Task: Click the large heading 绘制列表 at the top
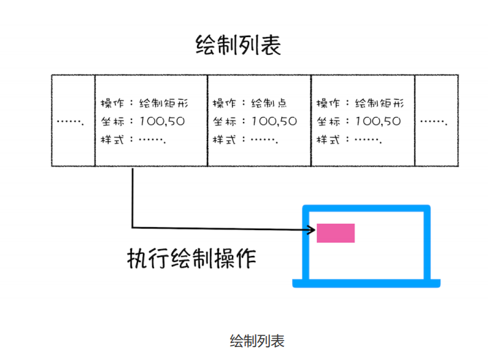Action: click(238, 45)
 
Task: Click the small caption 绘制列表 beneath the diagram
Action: click(257, 340)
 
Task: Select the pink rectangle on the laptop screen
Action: click(335, 233)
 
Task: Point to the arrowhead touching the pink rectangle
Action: click(311, 229)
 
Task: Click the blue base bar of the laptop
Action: click(365, 283)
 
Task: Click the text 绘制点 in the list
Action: click(269, 103)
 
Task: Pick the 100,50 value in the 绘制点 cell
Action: click(274, 122)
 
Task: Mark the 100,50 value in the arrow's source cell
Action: click(162, 122)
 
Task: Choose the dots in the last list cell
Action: click(433, 122)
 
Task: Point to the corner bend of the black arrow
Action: click(132, 227)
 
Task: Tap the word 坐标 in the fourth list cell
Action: click(328, 122)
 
